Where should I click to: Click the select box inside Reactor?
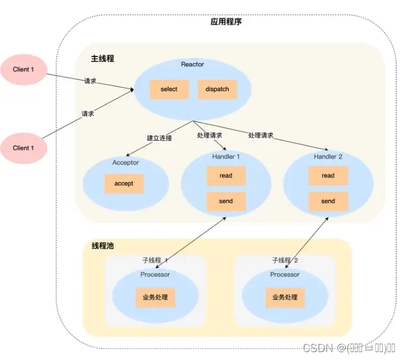(x=169, y=89)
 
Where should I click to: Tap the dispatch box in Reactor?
(x=217, y=89)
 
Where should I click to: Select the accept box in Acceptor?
(x=123, y=183)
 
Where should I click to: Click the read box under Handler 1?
(x=226, y=176)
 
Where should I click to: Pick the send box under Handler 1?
(x=226, y=202)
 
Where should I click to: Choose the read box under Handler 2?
(x=328, y=176)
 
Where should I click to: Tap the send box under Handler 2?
(x=328, y=202)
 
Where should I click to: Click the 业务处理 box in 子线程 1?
(x=155, y=297)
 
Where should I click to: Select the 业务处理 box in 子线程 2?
(x=285, y=297)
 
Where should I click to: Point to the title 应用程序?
(x=226, y=22)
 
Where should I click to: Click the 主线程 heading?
(x=103, y=59)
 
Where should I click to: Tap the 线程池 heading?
(x=103, y=246)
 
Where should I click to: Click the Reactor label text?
(x=193, y=64)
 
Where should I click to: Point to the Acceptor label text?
(x=126, y=163)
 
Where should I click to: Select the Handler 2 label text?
(x=328, y=157)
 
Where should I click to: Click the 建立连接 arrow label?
(x=159, y=138)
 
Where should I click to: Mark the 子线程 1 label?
(x=155, y=260)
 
